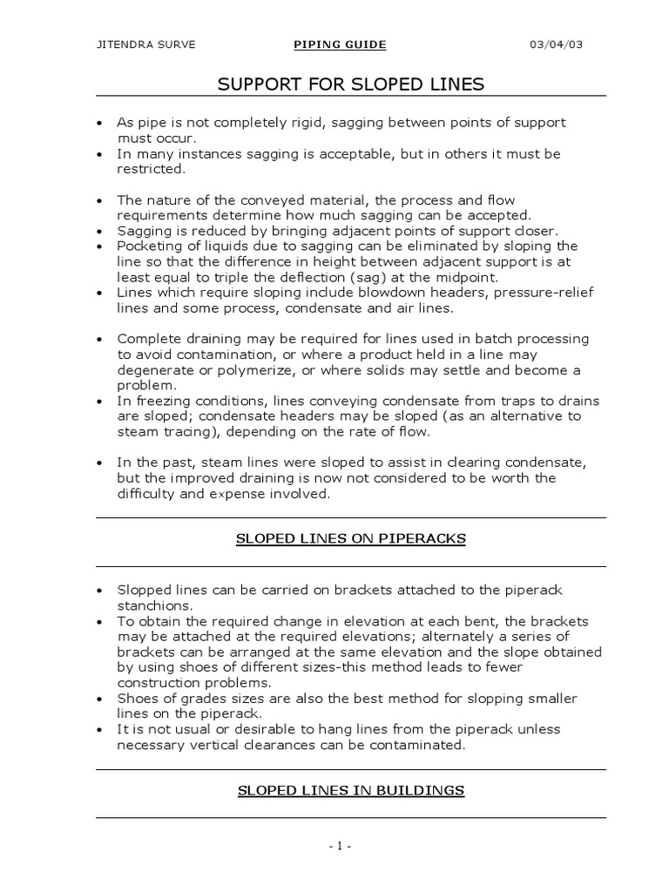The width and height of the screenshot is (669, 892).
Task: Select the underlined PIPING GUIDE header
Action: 339,44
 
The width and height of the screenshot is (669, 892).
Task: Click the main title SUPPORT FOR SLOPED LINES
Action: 350,84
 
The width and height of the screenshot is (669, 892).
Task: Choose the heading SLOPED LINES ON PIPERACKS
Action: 351,539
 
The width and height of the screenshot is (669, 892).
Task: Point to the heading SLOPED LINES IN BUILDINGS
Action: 350,791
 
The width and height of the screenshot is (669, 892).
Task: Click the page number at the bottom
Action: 339,846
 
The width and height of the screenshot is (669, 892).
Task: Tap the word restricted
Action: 145,170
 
